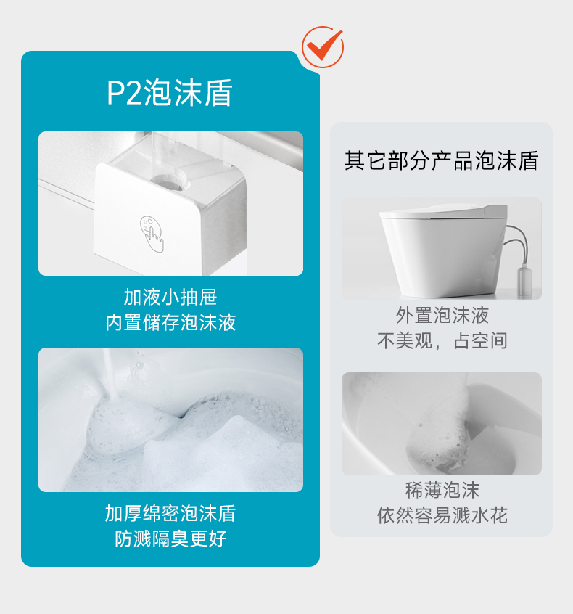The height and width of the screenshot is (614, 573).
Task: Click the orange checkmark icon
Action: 323,47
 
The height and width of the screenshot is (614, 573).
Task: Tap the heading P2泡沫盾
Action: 170,93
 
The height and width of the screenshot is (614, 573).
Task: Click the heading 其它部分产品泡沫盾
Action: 442,160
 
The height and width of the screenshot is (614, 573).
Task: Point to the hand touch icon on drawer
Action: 152,234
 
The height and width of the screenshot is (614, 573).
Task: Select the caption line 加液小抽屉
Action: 170,298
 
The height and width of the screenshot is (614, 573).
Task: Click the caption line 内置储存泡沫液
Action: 170,322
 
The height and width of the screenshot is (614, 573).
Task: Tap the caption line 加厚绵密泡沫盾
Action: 170,513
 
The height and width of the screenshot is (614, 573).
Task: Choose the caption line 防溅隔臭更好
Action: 170,539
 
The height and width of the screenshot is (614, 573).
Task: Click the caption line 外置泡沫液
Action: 442,315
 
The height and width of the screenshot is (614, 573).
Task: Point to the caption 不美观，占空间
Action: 442,340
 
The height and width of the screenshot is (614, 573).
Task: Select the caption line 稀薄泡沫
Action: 442,490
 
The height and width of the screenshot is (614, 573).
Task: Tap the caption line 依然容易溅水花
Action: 442,515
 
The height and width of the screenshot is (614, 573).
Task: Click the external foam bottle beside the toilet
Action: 524,280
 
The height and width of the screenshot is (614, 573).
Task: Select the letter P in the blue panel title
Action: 116,93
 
